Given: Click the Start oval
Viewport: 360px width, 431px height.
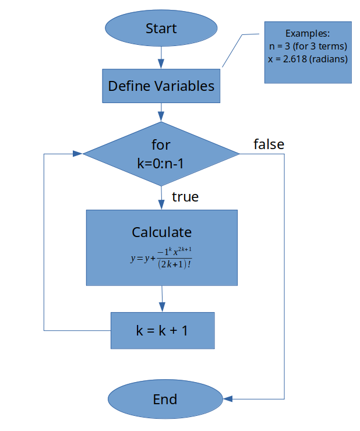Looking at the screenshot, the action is pos(161,28).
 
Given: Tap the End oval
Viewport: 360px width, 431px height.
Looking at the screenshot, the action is pos(165,399).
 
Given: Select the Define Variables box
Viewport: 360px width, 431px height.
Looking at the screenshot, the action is pos(161,86).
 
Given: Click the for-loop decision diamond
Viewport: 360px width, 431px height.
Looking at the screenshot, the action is pos(161,154).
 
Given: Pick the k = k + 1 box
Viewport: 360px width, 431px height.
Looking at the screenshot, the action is pos(163,330).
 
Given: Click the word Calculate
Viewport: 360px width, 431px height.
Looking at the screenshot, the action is pos(162,232).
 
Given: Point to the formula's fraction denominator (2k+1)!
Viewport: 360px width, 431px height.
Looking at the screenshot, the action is pos(175,264).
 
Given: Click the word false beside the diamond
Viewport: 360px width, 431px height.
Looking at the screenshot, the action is pos(269,144).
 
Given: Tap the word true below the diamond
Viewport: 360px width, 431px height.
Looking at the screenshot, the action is pos(185,197).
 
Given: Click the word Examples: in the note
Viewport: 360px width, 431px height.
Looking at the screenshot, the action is pos(308,33).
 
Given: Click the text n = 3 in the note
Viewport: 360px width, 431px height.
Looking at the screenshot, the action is pos(280,46).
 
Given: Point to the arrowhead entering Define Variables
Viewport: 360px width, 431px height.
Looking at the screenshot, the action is pos(161,63).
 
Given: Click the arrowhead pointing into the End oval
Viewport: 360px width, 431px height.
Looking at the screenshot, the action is pos(228,399).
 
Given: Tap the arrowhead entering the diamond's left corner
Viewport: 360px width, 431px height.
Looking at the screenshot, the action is pos(77,154).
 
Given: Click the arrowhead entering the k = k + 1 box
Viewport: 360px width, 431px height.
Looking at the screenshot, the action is pos(163,308).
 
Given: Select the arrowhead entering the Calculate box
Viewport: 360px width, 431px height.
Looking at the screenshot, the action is pos(161,205).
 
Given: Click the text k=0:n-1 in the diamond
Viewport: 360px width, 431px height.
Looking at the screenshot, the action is pos(160,164).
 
